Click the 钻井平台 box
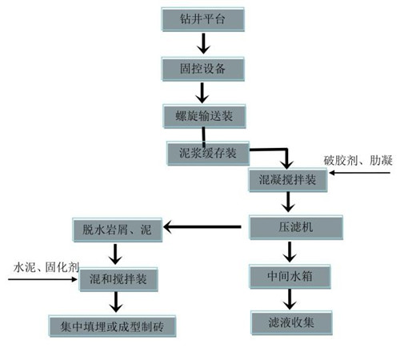pyautogui.click(x=202, y=19)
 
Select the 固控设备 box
pyautogui.click(x=202, y=69)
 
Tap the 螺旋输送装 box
pyautogui.click(x=204, y=116)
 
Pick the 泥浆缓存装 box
pyautogui.click(x=208, y=154)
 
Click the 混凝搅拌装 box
pyautogui.click(x=288, y=180)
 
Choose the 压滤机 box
pyautogui.click(x=296, y=227)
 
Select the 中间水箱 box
pyautogui.click(x=290, y=277)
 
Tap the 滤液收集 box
pyautogui.click(x=291, y=322)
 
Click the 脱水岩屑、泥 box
pyautogui.click(x=118, y=230)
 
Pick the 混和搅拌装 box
pyautogui.click(x=118, y=279)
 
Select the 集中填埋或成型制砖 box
pyautogui.click(x=112, y=326)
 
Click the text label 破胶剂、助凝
pyautogui.click(x=358, y=161)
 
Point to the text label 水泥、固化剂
pyautogui.click(x=46, y=267)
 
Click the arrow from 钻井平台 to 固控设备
pyautogui.click(x=203, y=43)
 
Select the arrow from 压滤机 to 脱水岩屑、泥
pyautogui.click(x=202, y=227)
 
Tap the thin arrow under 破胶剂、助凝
pyautogui.click(x=360, y=173)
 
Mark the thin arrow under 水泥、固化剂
pyautogui.click(x=42, y=279)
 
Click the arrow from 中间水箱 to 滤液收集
pyautogui.click(x=290, y=299)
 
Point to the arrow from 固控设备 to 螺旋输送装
pyautogui.click(x=202, y=93)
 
